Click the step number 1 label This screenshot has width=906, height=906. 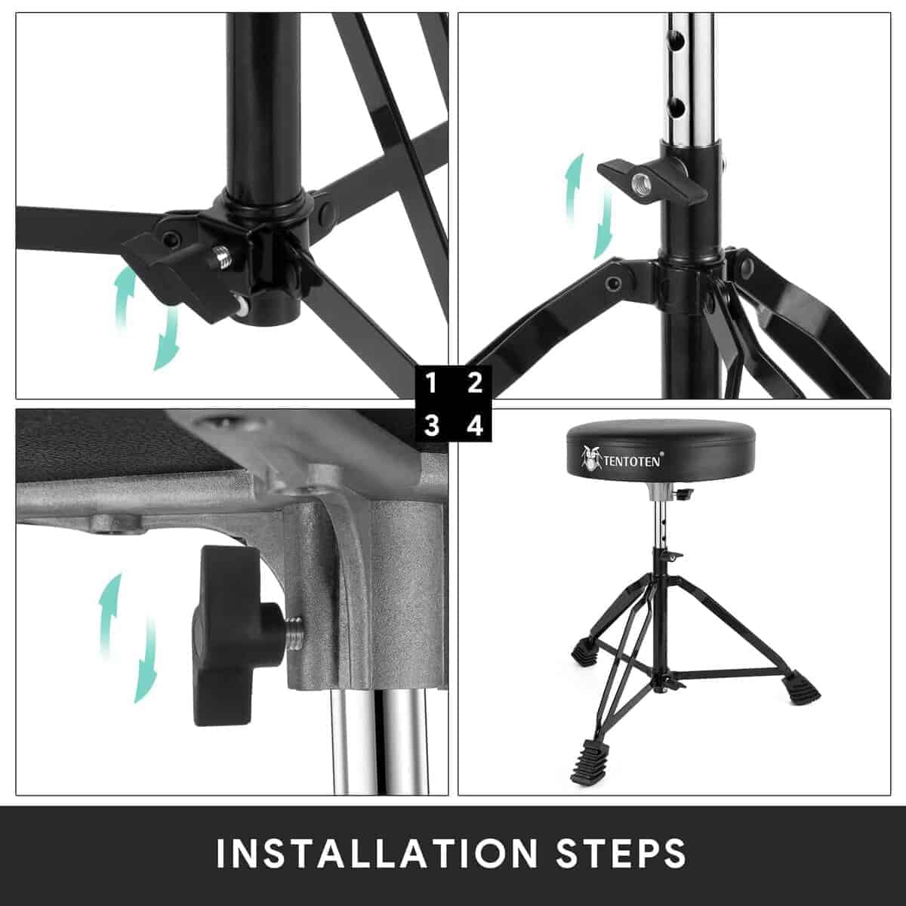(x=432, y=384)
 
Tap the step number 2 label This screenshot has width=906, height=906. (x=475, y=384)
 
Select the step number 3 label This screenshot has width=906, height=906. (x=432, y=427)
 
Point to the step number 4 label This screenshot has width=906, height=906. (x=475, y=427)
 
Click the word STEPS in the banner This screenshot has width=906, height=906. (x=621, y=852)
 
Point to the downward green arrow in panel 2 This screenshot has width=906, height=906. (x=603, y=226)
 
